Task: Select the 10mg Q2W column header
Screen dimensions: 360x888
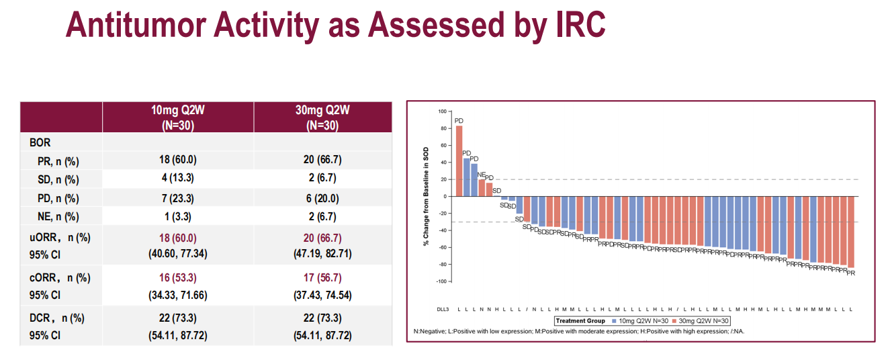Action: tap(178, 117)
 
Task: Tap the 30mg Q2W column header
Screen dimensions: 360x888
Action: tap(322, 117)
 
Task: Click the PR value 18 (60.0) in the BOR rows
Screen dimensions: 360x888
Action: tap(178, 161)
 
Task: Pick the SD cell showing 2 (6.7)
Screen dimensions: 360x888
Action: tap(322, 179)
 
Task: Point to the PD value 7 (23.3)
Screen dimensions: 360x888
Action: tap(178, 198)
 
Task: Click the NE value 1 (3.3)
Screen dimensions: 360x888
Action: tap(178, 216)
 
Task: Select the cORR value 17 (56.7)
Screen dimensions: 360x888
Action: tap(322, 277)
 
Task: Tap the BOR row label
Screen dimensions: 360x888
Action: tap(40, 142)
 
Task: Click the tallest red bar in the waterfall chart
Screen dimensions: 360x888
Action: tap(459, 161)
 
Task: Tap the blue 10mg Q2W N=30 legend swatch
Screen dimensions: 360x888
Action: tap(614, 321)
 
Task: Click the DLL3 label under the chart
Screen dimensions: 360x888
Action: tap(442, 310)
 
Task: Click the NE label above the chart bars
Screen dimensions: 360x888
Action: tap(481, 175)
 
